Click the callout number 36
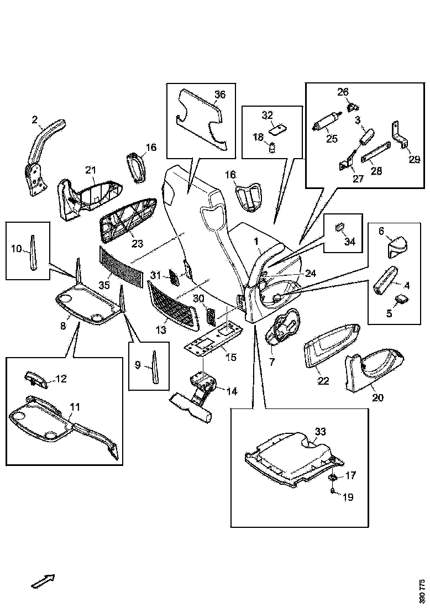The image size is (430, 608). [x=220, y=95]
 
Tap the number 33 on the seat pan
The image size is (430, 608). [x=321, y=432]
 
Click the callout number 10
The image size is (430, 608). [x=17, y=249]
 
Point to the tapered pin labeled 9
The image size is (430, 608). [x=155, y=365]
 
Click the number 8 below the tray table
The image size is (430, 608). [x=63, y=327]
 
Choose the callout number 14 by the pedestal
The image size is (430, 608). [x=232, y=391]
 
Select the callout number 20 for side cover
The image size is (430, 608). [x=377, y=397]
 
